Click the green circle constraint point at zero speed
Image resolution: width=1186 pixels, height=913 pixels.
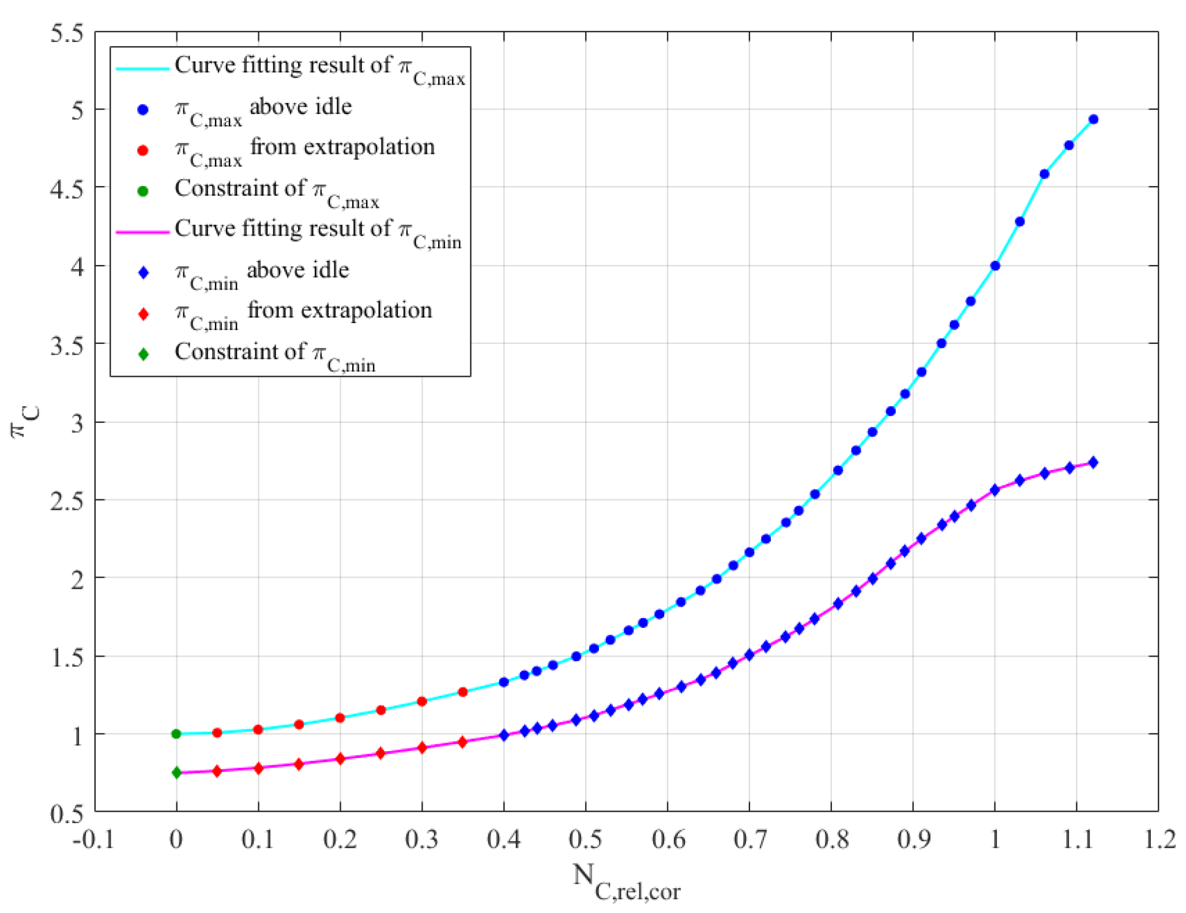(x=176, y=734)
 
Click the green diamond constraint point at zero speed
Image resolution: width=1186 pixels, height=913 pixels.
(x=176, y=772)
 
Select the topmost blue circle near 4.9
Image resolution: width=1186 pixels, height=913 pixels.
(x=1093, y=120)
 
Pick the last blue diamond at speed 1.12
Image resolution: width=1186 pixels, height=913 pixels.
(x=1093, y=463)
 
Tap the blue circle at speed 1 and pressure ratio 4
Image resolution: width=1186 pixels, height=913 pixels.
(x=995, y=266)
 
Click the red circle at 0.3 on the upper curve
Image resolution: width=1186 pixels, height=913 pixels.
(x=421, y=701)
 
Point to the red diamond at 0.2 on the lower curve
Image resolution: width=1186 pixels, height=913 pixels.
(x=340, y=759)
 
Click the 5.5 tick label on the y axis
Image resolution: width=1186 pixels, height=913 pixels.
(x=67, y=33)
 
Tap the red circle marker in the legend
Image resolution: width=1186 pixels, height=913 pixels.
(x=143, y=150)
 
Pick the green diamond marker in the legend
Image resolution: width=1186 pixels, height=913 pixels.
(x=144, y=354)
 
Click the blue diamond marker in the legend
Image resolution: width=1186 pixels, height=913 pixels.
(x=144, y=272)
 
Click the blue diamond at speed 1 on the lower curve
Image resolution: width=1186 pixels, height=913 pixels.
(x=995, y=490)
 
